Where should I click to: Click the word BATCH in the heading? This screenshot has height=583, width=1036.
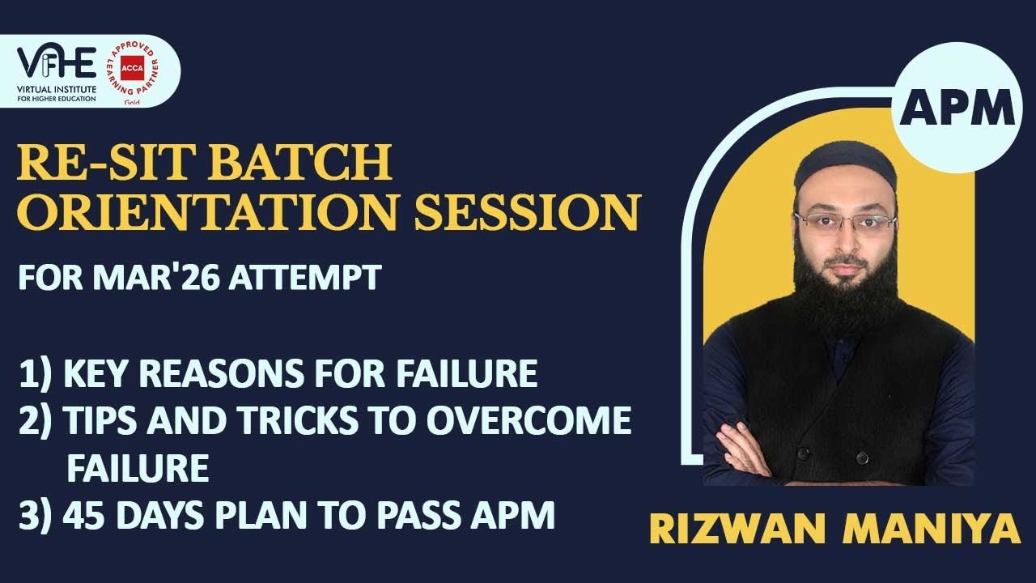[x=298, y=164]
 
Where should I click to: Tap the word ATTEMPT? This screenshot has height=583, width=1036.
[x=305, y=279]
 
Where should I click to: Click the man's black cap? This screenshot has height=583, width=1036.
[x=845, y=166]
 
